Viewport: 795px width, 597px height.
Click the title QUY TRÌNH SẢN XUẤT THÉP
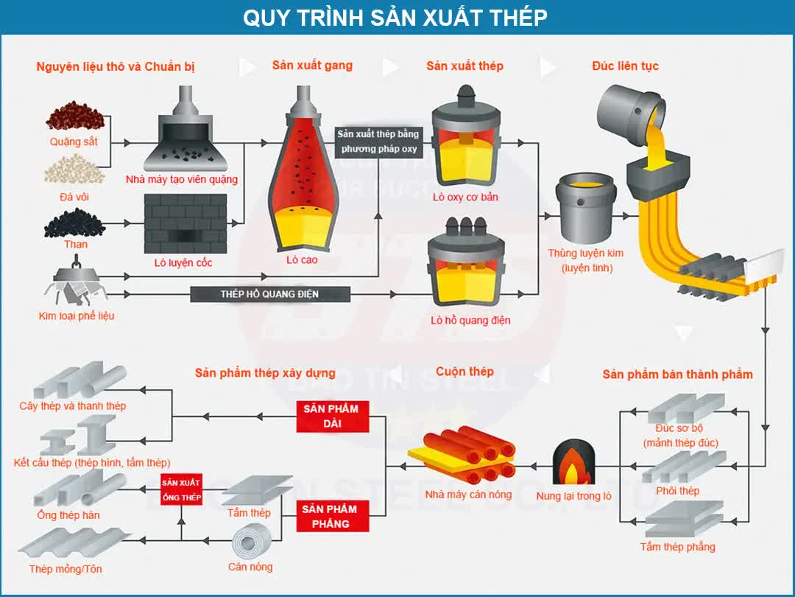[395, 18]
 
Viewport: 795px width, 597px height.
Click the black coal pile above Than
[74, 221]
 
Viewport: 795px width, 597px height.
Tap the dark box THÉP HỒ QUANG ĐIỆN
[270, 294]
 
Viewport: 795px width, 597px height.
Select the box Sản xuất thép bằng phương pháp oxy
[378, 142]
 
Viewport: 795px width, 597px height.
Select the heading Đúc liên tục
[625, 66]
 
